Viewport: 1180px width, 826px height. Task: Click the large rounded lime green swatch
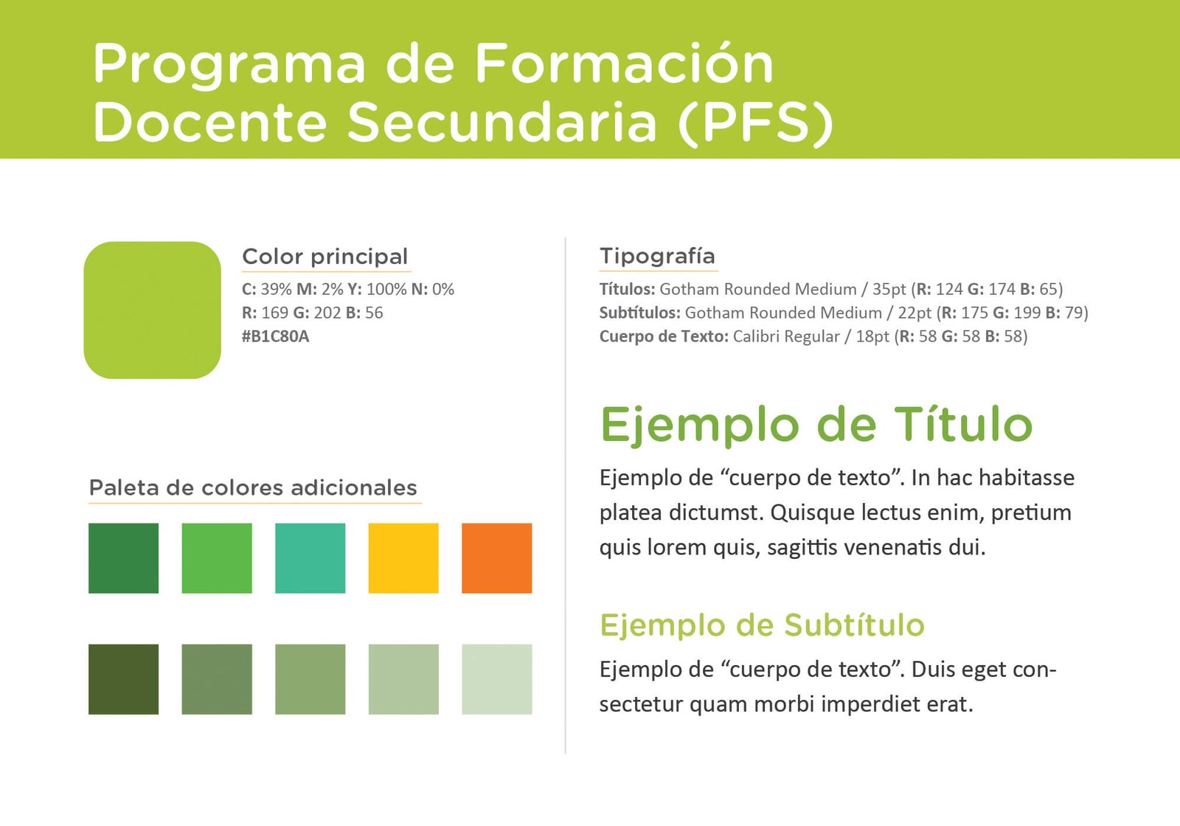coord(152,310)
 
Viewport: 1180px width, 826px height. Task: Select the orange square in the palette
coord(497,558)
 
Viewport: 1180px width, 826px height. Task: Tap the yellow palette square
coord(403,558)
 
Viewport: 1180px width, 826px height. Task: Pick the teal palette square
coord(310,558)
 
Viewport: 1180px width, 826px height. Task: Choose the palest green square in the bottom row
coord(497,679)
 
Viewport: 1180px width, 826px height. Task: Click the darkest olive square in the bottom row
coord(123,679)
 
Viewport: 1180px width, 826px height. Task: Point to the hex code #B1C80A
coord(276,336)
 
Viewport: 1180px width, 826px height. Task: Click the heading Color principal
coord(325,257)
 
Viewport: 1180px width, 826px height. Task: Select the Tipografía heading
coord(657,257)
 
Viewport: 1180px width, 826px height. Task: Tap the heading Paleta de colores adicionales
coord(253,487)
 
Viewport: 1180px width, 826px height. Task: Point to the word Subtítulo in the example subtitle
coord(854,625)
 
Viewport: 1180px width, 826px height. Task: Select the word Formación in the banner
coord(624,63)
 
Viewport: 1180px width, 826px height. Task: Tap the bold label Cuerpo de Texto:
coord(664,336)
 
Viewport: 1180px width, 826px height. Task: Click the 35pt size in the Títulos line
coord(889,290)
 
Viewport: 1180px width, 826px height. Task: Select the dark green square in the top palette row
coord(123,558)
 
